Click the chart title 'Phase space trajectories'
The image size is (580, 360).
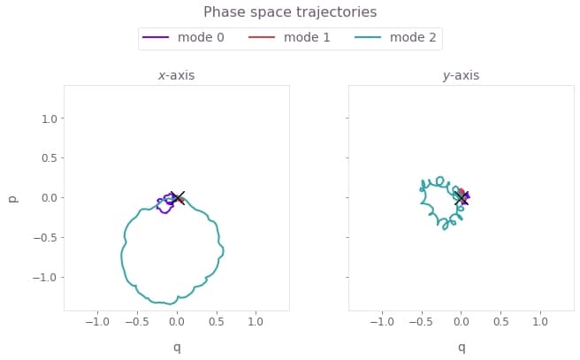point(290,12)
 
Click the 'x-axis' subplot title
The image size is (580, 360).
point(176,76)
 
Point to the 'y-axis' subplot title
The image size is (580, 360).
point(461,76)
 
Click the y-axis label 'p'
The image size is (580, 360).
point(13,198)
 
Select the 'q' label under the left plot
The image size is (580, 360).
point(177,348)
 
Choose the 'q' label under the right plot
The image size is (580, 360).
point(461,348)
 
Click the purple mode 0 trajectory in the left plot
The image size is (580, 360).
point(164,211)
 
